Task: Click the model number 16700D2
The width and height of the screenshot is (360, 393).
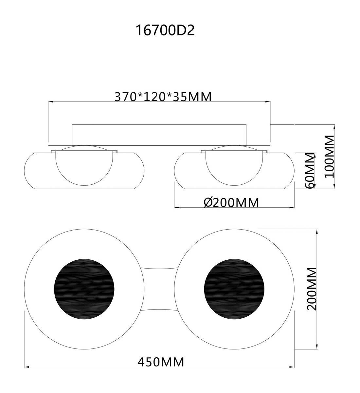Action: coord(165,30)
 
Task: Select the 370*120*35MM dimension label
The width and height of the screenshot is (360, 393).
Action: coord(163,97)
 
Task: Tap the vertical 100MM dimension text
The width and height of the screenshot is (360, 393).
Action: coord(329,156)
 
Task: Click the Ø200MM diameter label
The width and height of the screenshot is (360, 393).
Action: coord(231,202)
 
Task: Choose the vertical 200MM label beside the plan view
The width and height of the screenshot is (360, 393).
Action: coord(312,289)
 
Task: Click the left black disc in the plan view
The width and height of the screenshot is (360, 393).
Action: coord(84,290)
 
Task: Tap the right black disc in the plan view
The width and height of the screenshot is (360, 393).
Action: coord(234,290)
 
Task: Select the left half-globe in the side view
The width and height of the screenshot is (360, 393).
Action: coord(84,168)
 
